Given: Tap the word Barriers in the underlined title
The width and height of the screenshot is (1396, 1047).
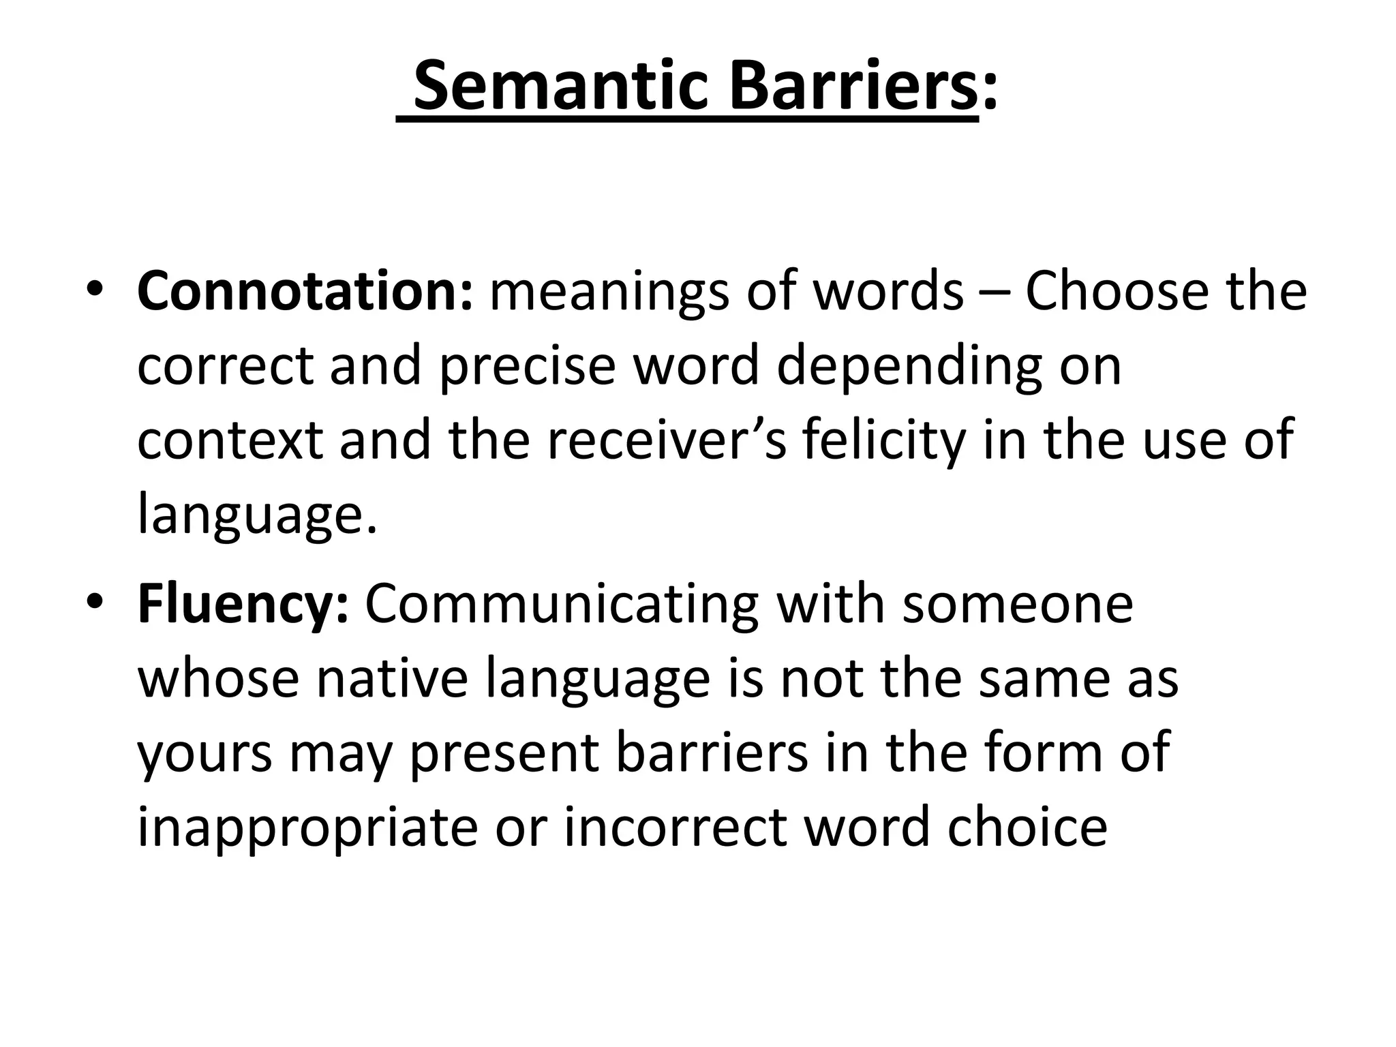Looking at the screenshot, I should point(853,86).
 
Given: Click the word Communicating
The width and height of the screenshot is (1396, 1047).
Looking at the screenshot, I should point(562,606).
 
